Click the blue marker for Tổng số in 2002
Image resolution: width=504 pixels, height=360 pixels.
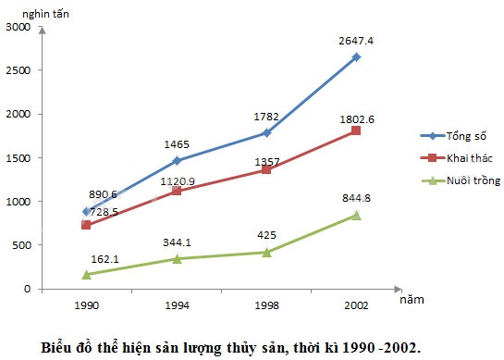point(356,57)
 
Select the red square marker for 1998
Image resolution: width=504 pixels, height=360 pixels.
point(266,170)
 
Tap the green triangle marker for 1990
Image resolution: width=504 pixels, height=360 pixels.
point(86,274)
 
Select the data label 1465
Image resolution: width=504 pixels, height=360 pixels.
point(176,145)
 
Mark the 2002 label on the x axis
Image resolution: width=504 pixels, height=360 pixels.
point(356,304)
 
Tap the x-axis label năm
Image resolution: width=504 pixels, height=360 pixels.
point(413,300)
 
